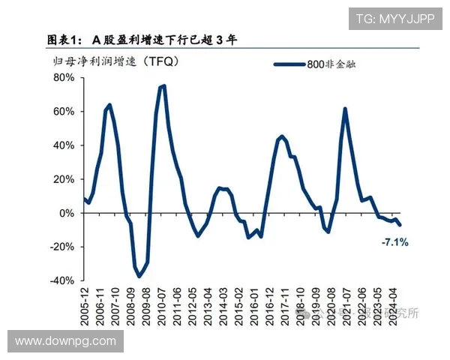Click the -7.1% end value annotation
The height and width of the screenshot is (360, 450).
394,242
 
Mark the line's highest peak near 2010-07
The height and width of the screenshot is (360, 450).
163,85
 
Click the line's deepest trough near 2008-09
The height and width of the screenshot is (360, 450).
139,277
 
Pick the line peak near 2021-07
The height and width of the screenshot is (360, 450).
344,109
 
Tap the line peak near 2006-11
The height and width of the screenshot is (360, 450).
109,105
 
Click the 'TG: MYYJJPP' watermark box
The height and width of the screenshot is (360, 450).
394,19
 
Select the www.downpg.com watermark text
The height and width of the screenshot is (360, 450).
65,341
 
